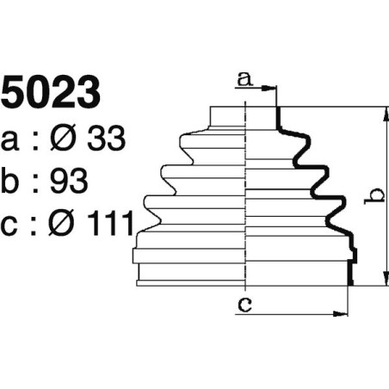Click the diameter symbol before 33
[x=68, y=139]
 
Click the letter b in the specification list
[x=13, y=182]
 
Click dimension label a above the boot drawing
[x=244, y=80]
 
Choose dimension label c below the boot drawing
[x=245, y=303]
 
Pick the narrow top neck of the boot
[x=245, y=119]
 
